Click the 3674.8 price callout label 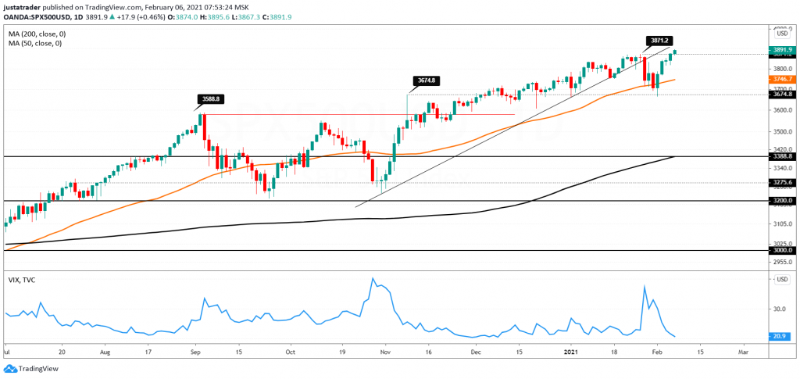(x=425, y=80)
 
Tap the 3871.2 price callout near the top (x=659, y=40)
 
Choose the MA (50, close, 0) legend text (x=35, y=44)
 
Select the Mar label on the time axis (x=743, y=352)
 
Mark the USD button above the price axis (x=780, y=33)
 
